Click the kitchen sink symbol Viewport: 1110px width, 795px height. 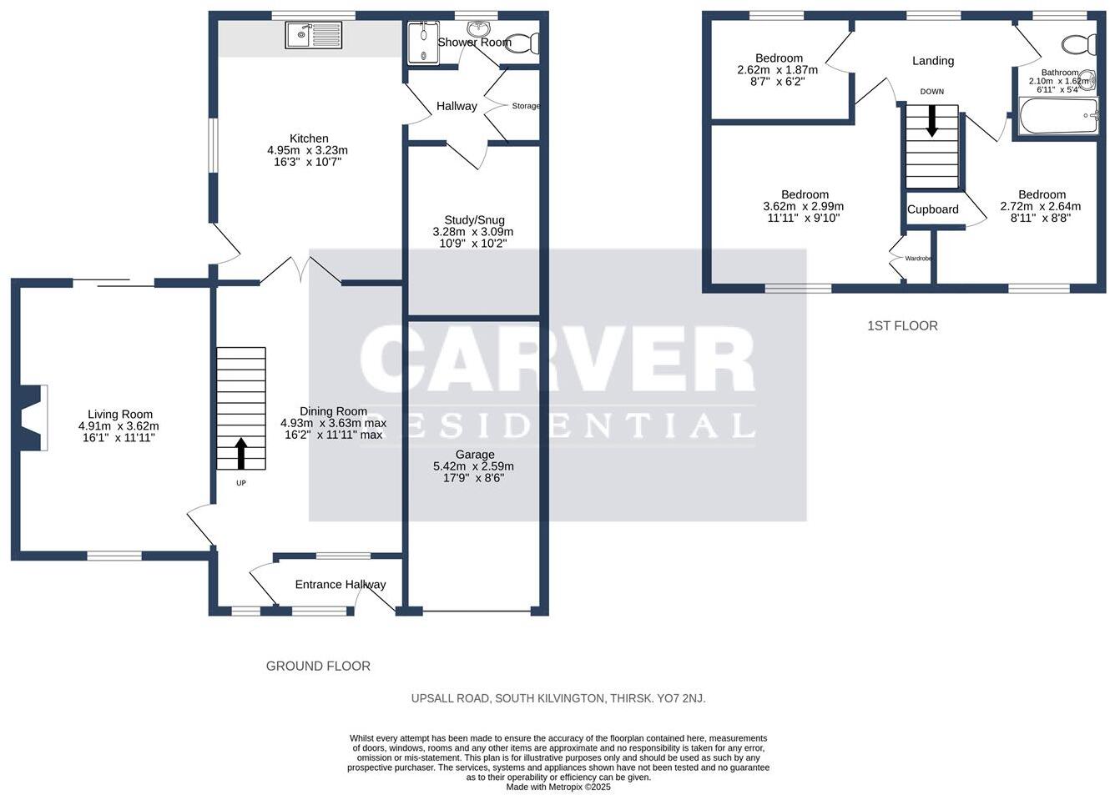point(313,35)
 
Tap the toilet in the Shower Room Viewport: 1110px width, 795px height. point(523,43)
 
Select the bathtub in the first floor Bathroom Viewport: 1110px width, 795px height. point(1059,115)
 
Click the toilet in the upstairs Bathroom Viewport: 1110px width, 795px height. point(1079,44)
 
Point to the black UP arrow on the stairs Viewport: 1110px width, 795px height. point(241,453)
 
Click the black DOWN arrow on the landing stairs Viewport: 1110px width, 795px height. point(931,120)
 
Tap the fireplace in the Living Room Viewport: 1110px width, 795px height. point(33,418)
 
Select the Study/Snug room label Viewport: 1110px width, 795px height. point(474,220)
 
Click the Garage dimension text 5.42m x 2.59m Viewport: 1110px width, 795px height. point(473,466)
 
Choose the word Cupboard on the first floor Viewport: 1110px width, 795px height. point(932,209)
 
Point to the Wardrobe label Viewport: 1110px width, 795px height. point(918,258)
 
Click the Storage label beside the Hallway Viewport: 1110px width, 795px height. point(526,105)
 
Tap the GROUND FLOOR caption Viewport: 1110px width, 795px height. point(318,667)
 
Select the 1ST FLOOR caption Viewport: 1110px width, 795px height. point(902,326)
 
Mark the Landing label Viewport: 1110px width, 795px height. point(933,61)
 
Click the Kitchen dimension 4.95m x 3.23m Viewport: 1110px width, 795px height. point(307,150)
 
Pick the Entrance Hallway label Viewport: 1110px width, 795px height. point(341,585)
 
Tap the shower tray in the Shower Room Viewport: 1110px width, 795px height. point(423,43)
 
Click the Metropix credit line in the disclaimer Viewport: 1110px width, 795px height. point(558,787)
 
